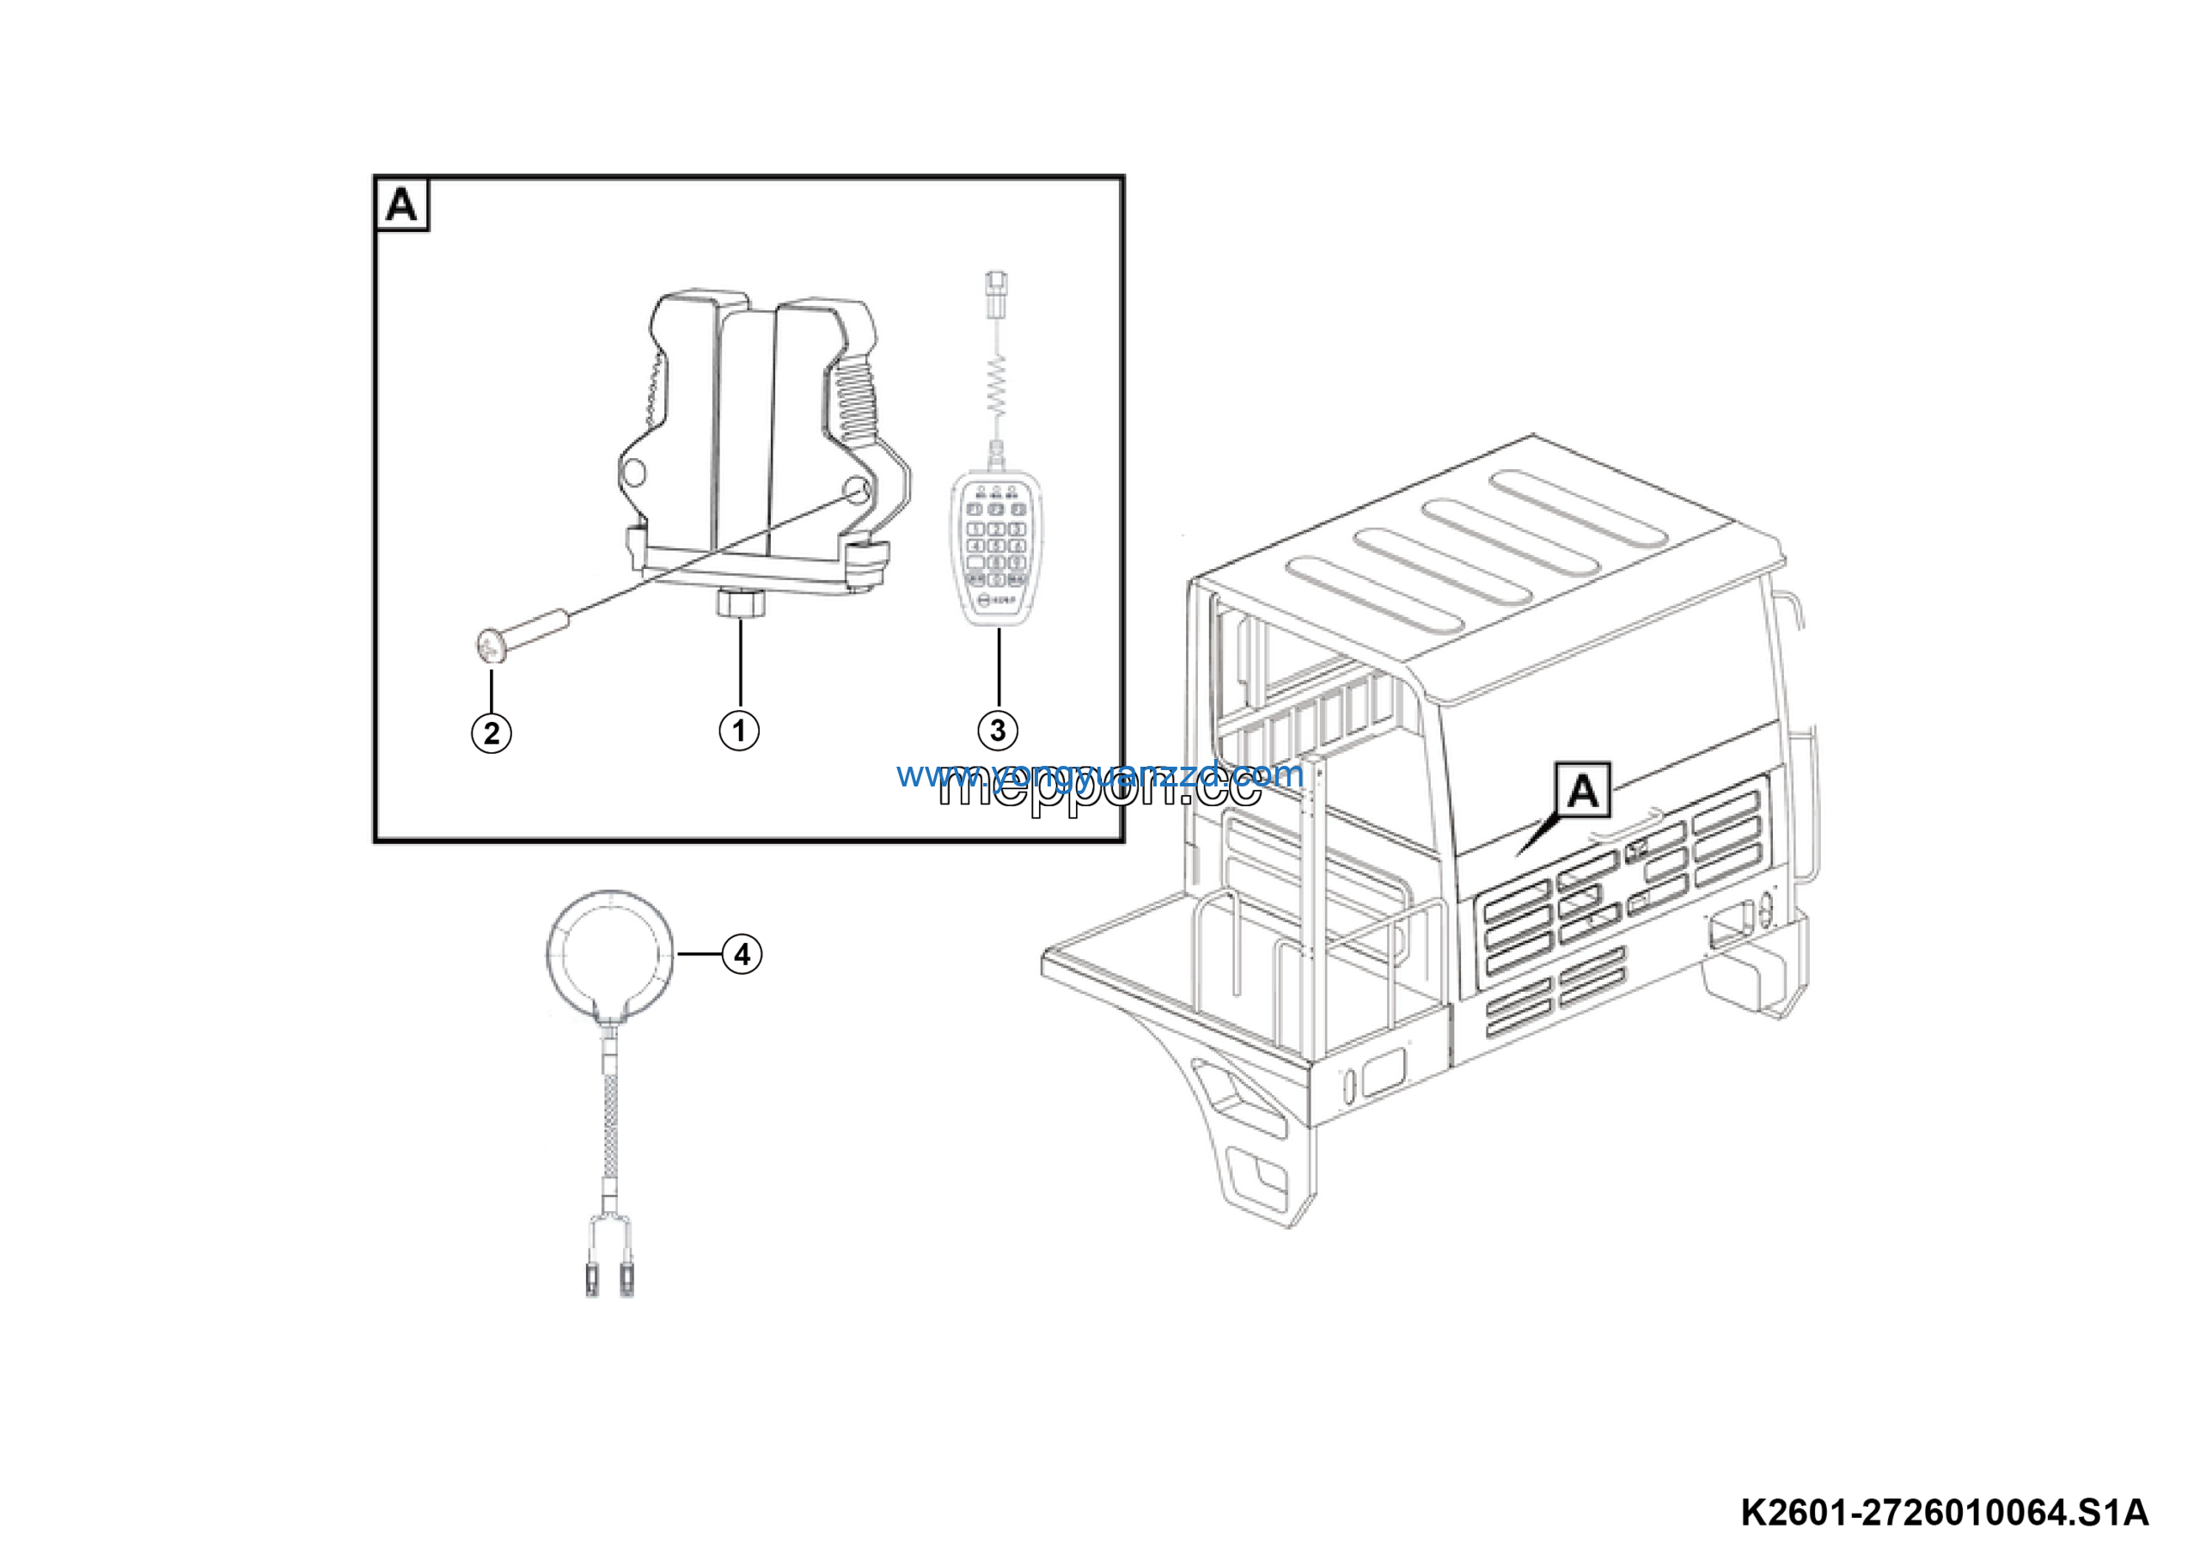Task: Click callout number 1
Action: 739,731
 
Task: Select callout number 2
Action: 492,733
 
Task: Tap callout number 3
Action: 998,730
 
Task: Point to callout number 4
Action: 742,954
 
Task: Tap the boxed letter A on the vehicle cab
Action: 1583,792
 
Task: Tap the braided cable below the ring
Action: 609,1130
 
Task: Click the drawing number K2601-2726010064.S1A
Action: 1944,1513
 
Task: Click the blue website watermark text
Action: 1100,774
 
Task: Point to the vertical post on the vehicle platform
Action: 1314,910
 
